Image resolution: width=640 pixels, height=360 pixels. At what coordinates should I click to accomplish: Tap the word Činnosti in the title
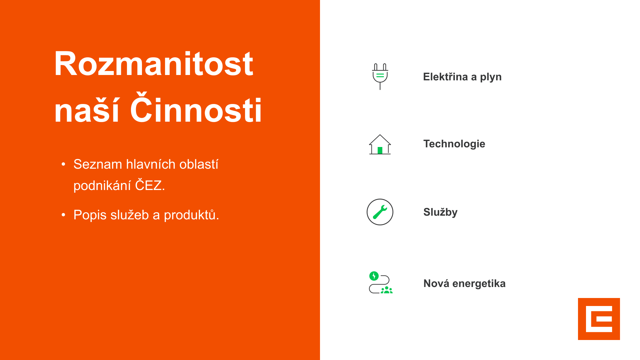(x=196, y=108)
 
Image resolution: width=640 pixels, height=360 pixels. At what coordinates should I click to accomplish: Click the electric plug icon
(x=380, y=76)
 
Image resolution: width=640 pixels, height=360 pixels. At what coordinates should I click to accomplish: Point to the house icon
(x=380, y=144)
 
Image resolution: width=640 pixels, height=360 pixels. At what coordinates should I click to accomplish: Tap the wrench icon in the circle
(x=380, y=212)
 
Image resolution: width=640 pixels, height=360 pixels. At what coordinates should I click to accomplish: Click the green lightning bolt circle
(x=374, y=276)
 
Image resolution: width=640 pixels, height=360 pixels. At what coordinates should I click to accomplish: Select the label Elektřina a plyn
(x=462, y=77)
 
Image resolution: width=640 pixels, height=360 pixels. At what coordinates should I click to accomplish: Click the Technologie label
(x=454, y=144)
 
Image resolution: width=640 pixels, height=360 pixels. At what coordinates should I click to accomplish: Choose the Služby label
(x=440, y=212)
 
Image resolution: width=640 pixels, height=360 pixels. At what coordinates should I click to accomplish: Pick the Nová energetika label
(x=464, y=283)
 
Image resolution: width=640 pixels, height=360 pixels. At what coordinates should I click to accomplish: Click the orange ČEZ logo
(x=599, y=319)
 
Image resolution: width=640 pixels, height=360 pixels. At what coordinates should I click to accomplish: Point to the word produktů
(x=191, y=215)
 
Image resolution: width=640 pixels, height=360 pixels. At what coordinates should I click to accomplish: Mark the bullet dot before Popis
(x=63, y=215)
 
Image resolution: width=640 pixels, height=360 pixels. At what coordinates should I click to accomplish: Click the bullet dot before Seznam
(x=63, y=164)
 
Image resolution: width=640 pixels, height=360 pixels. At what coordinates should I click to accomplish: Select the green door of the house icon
(x=380, y=150)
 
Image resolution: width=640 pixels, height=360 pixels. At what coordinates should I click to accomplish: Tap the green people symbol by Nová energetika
(x=387, y=290)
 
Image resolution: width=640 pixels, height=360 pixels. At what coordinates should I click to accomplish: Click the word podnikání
(x=102, y=186)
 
